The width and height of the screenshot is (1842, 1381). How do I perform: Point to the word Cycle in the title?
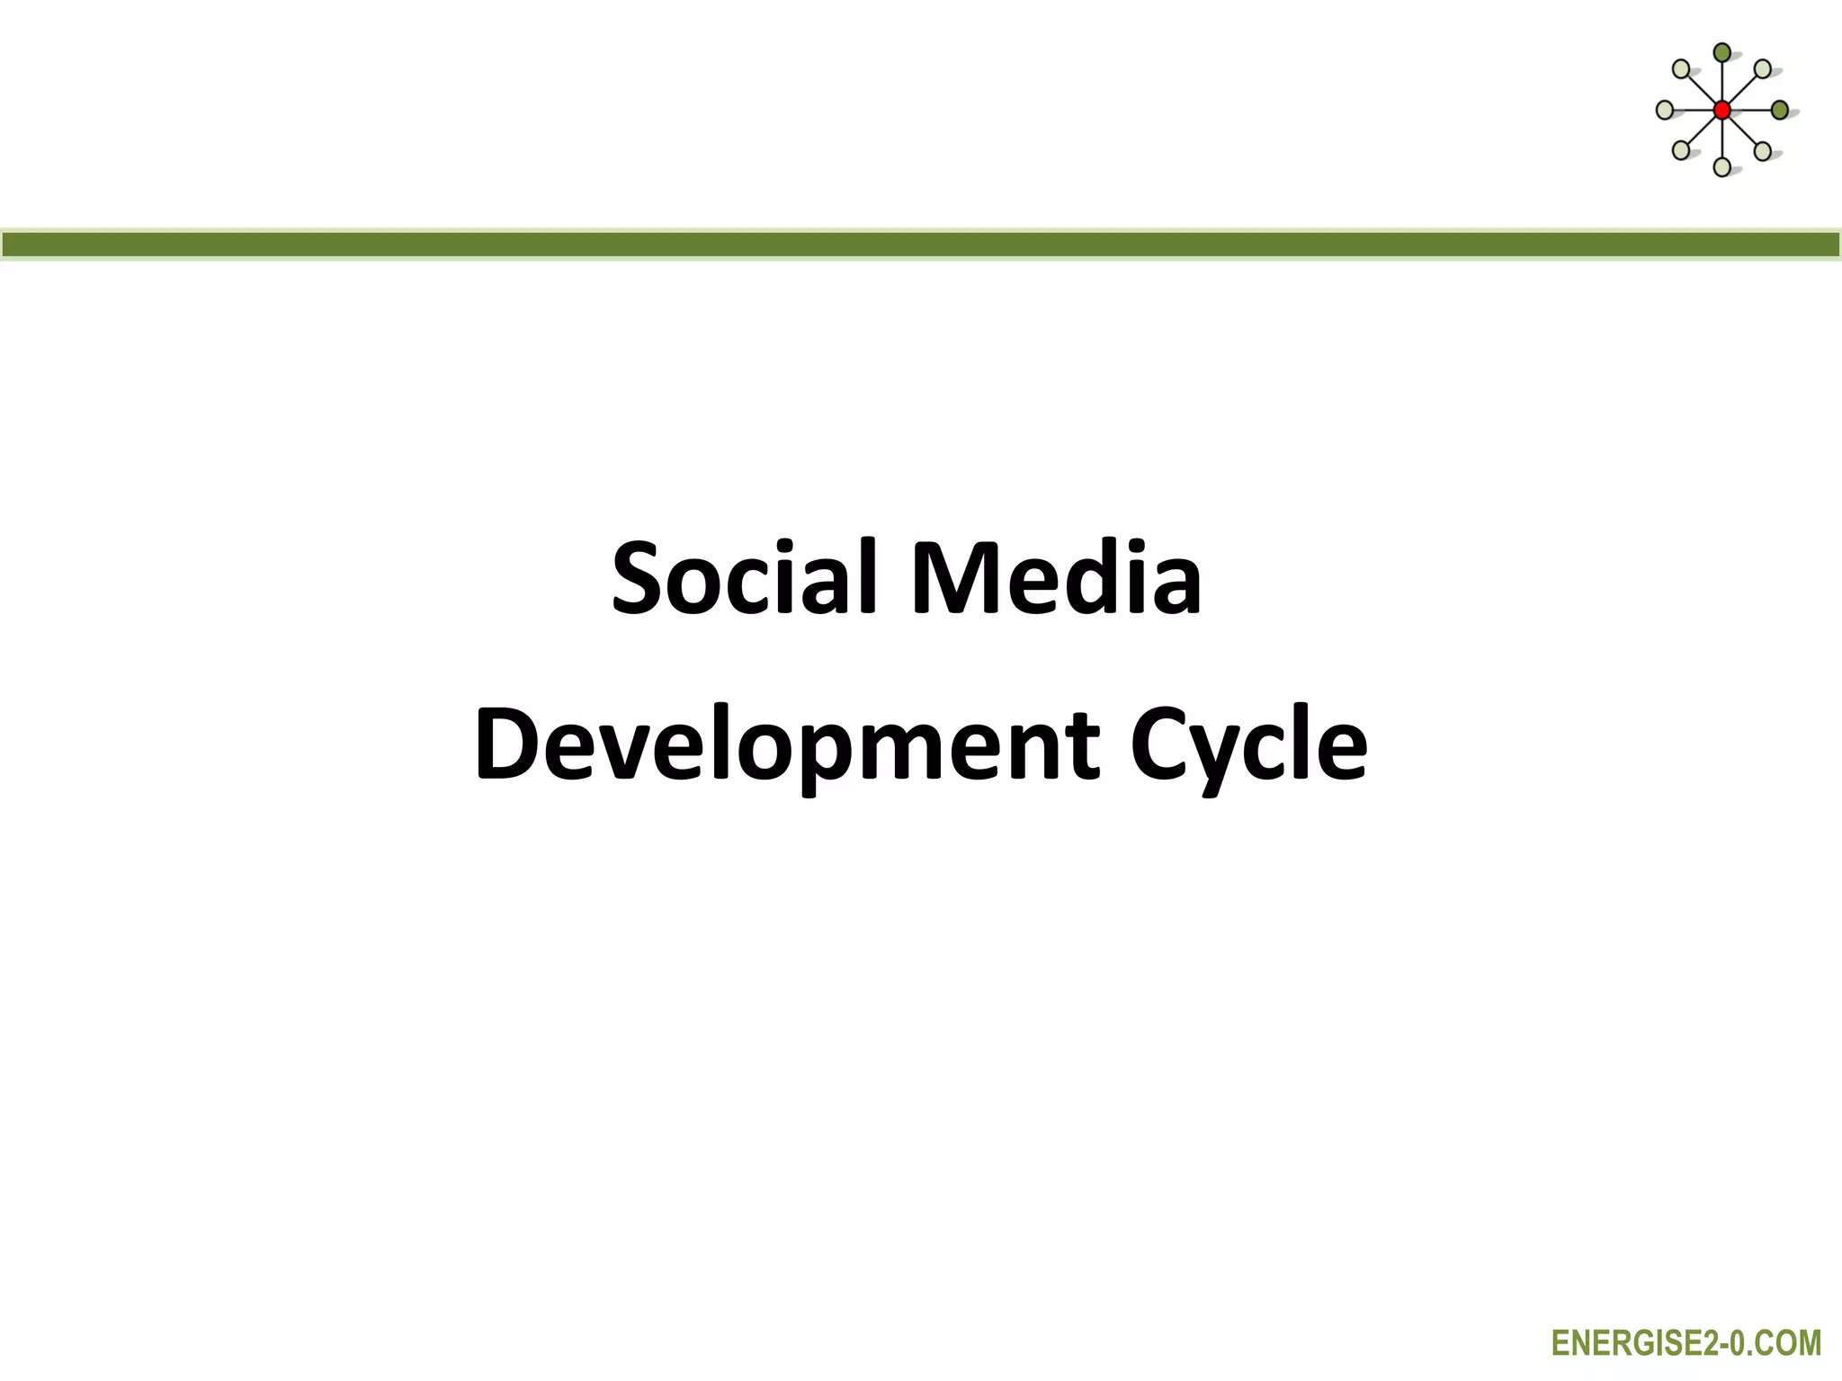(1247, 744)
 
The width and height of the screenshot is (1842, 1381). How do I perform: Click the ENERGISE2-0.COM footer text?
(1686, 1343)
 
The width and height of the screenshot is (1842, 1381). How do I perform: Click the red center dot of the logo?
(1721, 111)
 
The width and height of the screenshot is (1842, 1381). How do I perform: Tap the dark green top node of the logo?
(1721, 53)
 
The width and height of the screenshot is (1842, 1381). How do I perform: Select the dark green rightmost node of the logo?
(1779, 111)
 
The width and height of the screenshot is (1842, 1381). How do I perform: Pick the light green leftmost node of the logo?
(1665, 111)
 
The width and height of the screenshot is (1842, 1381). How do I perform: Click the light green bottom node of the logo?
(1721, 167)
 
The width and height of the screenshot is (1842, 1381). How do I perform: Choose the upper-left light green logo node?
(1681, 69)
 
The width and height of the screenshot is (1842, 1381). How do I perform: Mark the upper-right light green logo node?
(1763, 69)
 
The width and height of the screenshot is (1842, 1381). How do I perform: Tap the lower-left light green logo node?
(1681, 151)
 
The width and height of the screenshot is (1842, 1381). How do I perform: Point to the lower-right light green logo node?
(1763, 151)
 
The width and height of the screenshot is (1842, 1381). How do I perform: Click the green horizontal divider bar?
(921, 245)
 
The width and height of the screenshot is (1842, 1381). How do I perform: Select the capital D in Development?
(508, 744)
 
